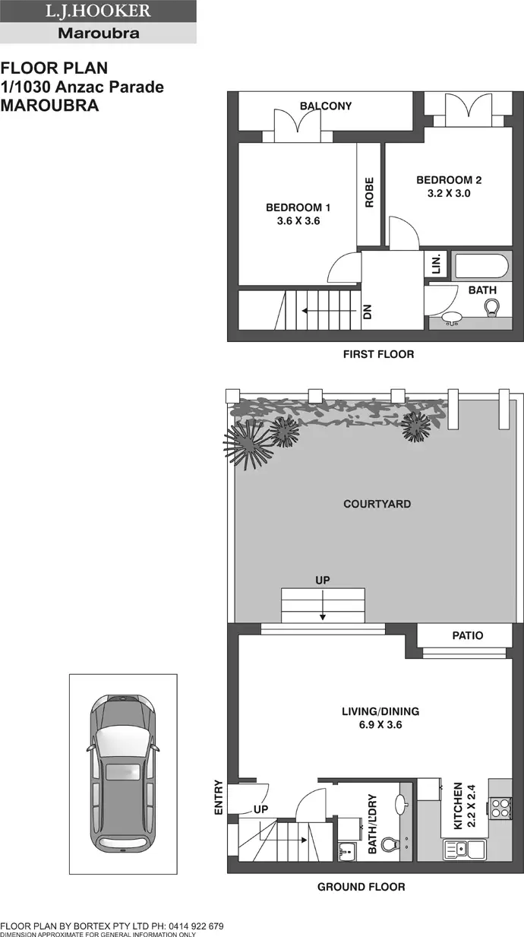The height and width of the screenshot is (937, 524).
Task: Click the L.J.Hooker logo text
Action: (x=98, y=11)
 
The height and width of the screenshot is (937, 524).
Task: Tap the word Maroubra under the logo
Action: (x=98, y=33)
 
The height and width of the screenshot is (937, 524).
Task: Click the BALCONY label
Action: (x=326, y=106)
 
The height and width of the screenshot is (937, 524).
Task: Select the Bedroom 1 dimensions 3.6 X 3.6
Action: (x=298, y=222)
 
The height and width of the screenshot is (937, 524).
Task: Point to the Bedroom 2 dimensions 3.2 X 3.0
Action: (x=449, y=193)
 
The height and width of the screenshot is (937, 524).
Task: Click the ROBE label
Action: (x=370, y=192)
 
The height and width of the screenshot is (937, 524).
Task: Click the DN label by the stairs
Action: (x=368, y=311)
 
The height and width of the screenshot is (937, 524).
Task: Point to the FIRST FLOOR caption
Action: (x=378, y=354)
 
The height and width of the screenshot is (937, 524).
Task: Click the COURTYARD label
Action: (x=377, y=504)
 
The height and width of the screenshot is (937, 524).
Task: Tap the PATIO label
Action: (x=467, y=635)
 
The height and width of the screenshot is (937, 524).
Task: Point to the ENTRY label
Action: (x=219, y=798)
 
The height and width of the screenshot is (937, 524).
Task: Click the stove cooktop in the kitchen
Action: (x=500, y=807)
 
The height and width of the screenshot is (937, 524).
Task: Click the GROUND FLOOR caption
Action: (x=361, y=887)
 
